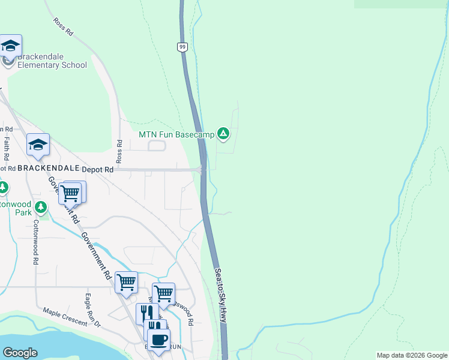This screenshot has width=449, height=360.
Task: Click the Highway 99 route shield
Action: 182,47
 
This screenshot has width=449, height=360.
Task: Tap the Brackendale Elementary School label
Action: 52,61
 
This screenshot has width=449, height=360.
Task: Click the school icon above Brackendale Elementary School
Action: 11,46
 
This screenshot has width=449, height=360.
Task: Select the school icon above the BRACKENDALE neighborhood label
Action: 38,145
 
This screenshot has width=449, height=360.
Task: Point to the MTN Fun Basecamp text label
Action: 176,134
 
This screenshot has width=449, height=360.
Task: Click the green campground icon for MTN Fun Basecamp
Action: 223,133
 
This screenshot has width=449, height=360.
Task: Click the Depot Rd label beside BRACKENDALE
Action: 97,170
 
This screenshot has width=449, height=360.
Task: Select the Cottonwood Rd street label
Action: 36,242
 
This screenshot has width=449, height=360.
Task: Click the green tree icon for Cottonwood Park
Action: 41,208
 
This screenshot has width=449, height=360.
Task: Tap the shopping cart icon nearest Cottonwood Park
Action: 70,193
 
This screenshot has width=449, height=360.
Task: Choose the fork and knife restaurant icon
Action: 146,314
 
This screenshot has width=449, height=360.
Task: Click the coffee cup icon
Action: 159,339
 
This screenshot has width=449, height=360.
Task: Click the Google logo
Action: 20,353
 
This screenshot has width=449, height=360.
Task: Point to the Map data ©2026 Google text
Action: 412,355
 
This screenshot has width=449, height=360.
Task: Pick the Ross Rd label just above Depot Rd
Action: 119,152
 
